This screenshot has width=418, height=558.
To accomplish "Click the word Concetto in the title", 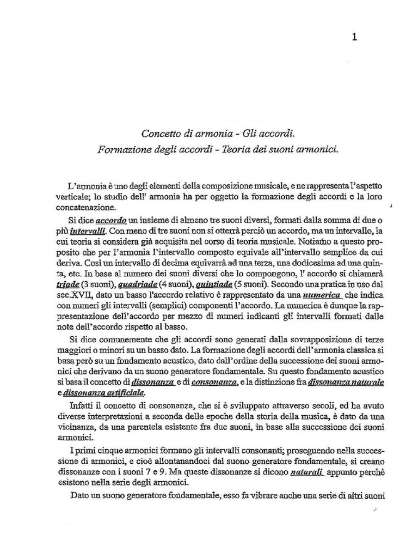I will [x=161, y=133].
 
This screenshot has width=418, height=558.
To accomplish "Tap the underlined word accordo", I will [x=111, y=222].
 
